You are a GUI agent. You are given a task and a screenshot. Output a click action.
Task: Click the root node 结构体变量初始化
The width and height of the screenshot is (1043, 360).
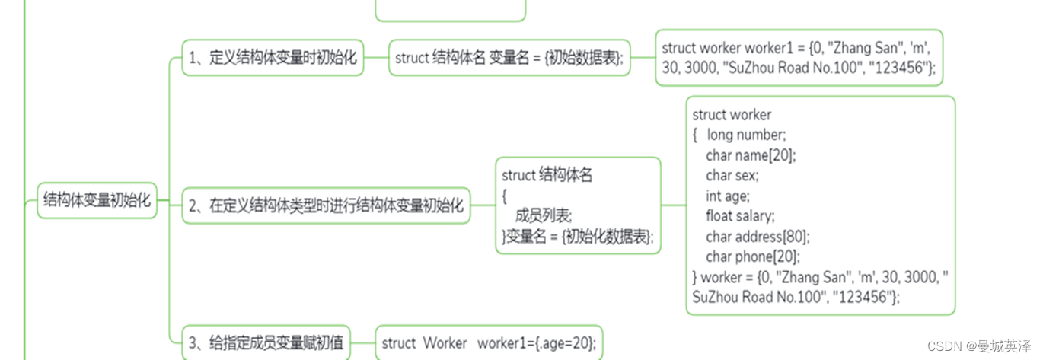pos(97,200)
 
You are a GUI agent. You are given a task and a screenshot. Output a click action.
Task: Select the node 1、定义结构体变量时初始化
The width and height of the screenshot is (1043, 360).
pos(273,58)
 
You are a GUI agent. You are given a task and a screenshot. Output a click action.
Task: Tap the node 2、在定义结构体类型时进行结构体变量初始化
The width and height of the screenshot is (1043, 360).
pos(326,205)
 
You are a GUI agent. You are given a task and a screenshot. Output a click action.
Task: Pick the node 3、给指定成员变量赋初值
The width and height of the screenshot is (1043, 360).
pos(266,342)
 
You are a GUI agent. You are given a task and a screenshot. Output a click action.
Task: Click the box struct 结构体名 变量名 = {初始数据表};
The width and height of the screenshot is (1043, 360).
pos(509,58)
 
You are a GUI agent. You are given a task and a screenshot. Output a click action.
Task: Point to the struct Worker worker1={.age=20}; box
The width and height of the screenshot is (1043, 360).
pos(489,342)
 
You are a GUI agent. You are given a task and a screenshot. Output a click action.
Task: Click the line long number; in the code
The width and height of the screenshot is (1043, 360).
pos(746,135)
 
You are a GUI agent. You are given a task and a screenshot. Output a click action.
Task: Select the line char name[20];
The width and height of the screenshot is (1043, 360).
pos(751,155)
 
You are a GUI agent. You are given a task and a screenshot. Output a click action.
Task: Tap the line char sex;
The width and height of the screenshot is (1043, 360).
pos(732,176)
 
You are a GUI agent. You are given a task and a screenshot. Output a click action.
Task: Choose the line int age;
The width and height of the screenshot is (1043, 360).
pos(728,196)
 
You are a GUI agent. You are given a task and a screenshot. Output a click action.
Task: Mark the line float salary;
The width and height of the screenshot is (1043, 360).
pos(740,216)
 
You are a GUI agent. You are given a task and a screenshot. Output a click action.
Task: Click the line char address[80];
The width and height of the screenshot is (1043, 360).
pos(758,237)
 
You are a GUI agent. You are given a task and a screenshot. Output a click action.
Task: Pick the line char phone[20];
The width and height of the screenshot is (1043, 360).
pos(753,256)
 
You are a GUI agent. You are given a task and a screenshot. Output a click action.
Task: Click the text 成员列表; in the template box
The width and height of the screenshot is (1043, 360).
pos(544,216)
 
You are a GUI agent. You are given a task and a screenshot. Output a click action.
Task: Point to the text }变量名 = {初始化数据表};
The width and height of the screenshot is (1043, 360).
pos(578,237)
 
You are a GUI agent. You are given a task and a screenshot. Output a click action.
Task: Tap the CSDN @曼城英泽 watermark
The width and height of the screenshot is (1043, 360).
pos(979,346)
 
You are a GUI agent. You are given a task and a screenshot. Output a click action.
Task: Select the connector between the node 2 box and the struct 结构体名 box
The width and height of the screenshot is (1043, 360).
pos(483,205)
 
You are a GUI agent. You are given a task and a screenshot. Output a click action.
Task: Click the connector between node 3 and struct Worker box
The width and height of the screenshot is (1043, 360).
pos(362,343)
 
